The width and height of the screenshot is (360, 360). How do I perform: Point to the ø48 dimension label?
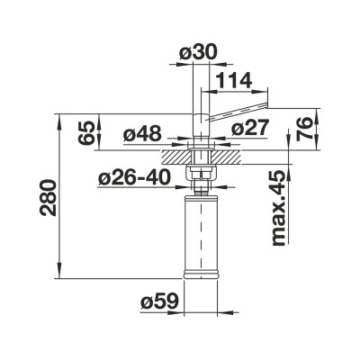coord(141,134)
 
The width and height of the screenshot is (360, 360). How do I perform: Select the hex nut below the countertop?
coord(199,170)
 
